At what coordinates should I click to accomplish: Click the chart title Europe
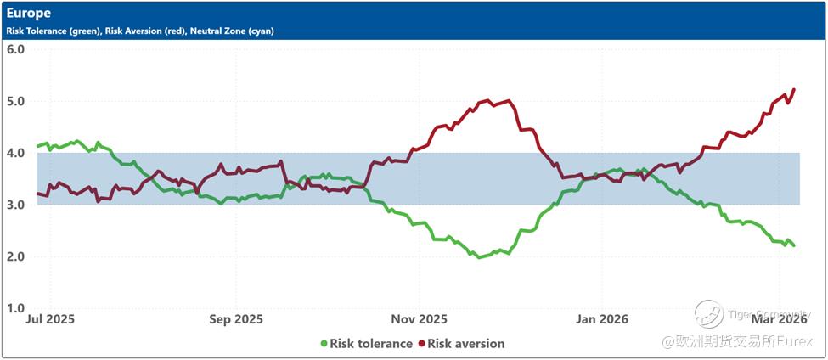(28, 14)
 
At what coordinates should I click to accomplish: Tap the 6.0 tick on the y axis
(15, 49)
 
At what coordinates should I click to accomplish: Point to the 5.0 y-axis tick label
(15, 101)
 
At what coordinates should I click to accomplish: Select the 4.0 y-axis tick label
(15, 153)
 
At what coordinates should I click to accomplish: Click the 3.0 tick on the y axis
(15, 205)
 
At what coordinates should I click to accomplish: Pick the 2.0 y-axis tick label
(15, 256)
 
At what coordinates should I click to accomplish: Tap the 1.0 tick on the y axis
(15, 308)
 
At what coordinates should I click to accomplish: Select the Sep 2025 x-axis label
(235, 320)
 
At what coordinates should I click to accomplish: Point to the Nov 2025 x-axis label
(420, 320)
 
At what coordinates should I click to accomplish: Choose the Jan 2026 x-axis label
(601, 320)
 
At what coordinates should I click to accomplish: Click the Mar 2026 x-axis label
(779, 320)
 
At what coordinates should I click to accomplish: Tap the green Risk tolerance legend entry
(366, 344)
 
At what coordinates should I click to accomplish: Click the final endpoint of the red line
(794, 89)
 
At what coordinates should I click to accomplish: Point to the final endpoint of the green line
(794, 245)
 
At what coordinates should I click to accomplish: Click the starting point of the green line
(37, 146)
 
